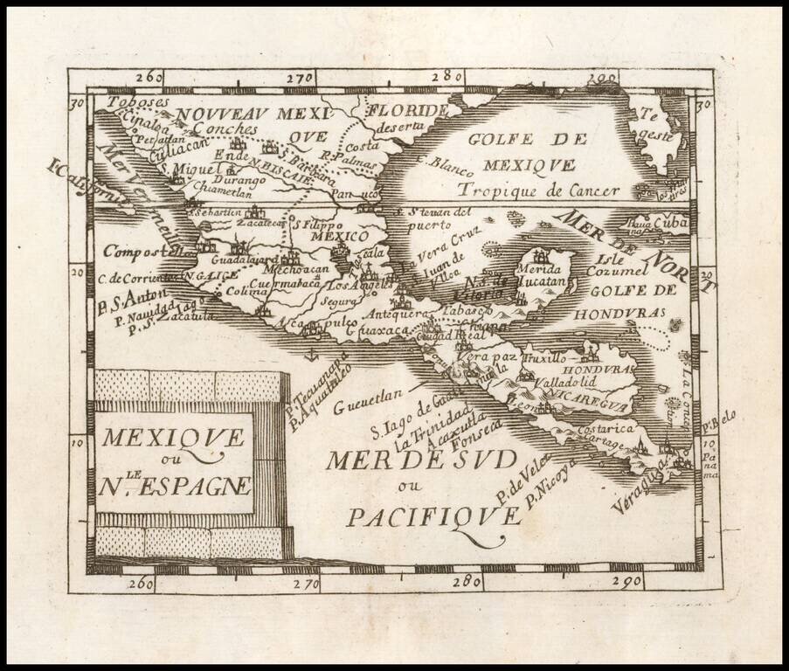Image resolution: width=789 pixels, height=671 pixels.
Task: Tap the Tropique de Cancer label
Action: (540, 190)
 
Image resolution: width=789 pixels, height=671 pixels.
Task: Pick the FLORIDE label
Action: (407, 111)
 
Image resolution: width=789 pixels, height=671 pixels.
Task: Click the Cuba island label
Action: (671, 223)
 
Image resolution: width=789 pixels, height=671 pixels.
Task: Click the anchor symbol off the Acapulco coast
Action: (308, 355)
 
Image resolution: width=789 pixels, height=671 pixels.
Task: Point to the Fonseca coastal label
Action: (482, 437)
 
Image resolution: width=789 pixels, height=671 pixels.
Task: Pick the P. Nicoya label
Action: (552, 482)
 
